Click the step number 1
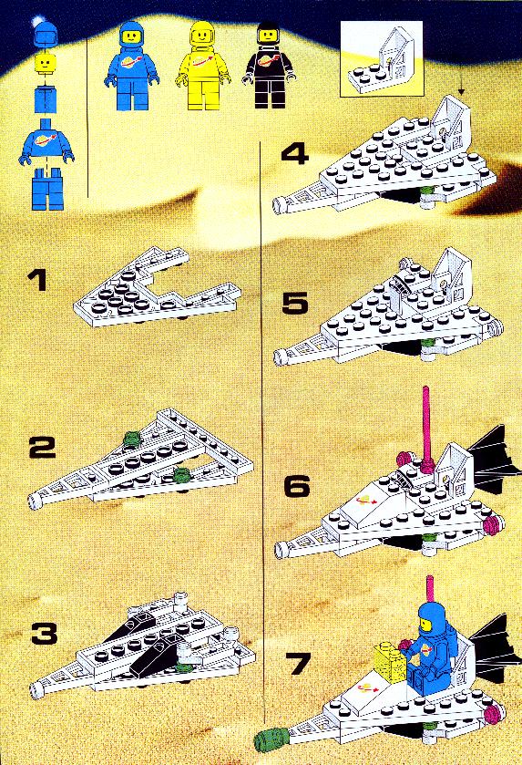[37, 282]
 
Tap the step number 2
[43, 448]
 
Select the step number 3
[45, 634]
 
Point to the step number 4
[295, 155]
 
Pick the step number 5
[295, 303]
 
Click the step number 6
[296, 486]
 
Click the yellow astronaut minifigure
[201, 66]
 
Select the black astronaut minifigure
[269, 66]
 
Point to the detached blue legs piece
[47, 189]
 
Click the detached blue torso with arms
[46, 140]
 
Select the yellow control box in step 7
[391, 661]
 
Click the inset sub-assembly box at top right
[381, 58]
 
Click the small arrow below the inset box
[461, 88]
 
